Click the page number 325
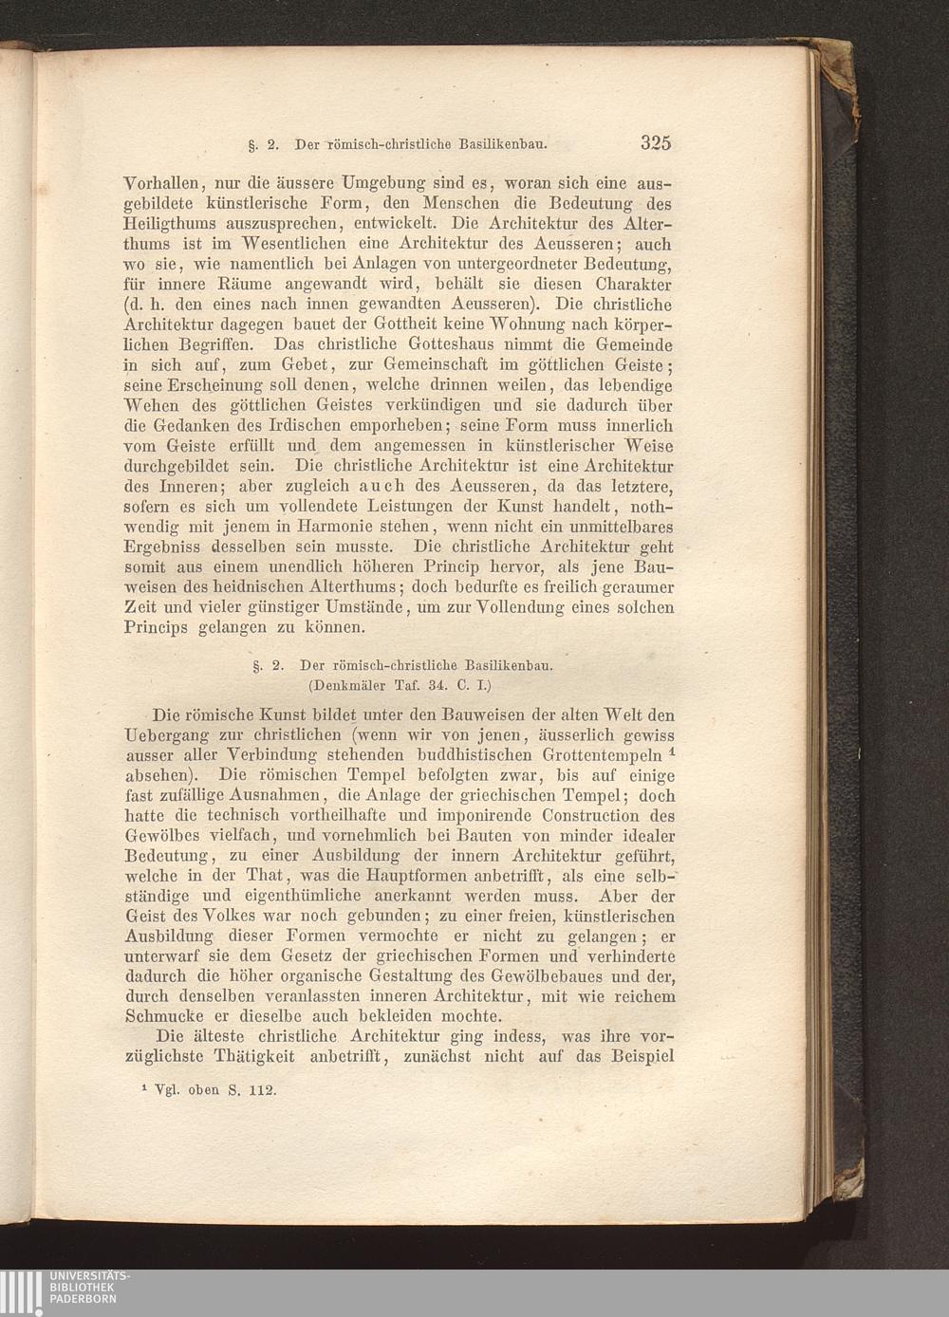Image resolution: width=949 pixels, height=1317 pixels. [655, 144]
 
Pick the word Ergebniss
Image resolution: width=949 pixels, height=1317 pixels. [163, 547]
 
